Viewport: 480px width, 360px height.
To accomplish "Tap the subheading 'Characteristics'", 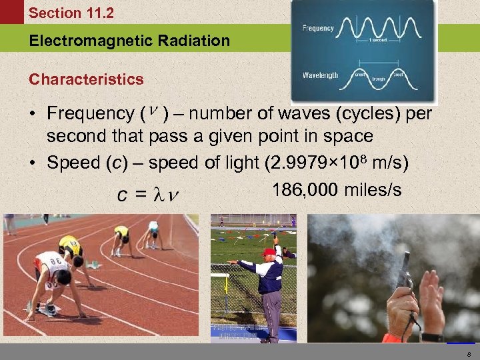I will coord(86,79).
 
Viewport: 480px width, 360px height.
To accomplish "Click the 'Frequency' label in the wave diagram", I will coord(319,29).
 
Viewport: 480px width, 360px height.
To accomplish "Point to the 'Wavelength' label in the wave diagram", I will coord(321,75).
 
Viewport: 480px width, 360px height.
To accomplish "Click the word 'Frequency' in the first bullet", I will coord(91,115).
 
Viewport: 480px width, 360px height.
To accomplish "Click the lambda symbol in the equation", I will coord(157,195).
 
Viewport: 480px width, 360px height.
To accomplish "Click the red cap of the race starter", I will coord(269,252).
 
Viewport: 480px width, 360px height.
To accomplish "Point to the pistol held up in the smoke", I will coord(405,271).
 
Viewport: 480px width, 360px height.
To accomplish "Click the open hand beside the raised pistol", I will coord(431,293).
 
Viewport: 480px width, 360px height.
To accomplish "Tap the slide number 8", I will coord(469,353).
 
